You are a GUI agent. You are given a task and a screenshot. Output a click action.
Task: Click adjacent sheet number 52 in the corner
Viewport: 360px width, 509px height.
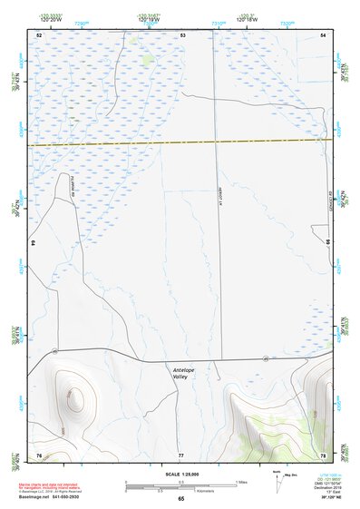tap(39, 34)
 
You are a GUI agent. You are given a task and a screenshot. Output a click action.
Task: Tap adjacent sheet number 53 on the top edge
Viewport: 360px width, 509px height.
tap(182, 34)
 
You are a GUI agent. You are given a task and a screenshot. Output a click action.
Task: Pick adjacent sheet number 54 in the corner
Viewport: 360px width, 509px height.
tap(323, 34)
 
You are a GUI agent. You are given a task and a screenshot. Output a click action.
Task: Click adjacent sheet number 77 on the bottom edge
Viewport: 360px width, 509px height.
tap(180, 454)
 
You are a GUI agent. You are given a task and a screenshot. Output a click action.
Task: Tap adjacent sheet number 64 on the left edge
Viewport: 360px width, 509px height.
tap(32, 243)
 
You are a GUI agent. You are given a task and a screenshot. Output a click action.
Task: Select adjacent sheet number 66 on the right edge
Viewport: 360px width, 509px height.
tap(328, 243)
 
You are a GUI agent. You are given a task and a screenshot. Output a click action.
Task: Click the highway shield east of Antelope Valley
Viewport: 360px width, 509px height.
tap(265, 360)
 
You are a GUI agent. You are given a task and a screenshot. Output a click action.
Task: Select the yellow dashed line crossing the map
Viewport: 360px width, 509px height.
tap(180, 142)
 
